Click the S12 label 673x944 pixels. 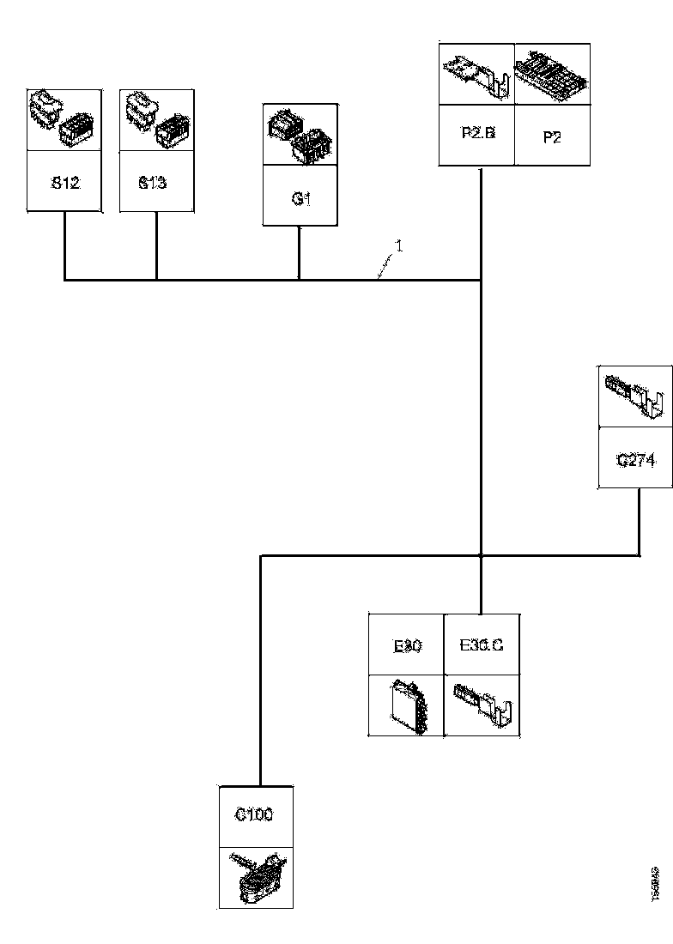pyautogui.click(x=66, y=182)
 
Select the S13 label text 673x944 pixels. pyautogui.click(x=153, y=182)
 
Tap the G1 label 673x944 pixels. pyautogui.click(x=300, y=198)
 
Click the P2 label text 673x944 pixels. pyautogui.click(x=552, y=136)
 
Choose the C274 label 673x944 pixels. pyautogui.click(x=635, y=460)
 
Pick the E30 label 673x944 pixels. pyautogui.click(x=406, y=646)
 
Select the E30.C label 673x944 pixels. pyautogui.click(x=482, y=645)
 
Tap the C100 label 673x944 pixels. pyautogui.click(x=254, y=815)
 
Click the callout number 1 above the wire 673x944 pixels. pyautogui.click(x=398, y=245)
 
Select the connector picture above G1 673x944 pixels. pyautogui.click(x=300, y=136)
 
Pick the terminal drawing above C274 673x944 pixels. pyautogui.click(x=635, y=396)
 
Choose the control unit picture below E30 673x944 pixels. pyautogui.click(x=406, y=705)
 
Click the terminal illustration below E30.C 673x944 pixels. pyautogui.click(x=482, y=705)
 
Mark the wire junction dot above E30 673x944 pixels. pyautogui.click(x=481, y=556)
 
